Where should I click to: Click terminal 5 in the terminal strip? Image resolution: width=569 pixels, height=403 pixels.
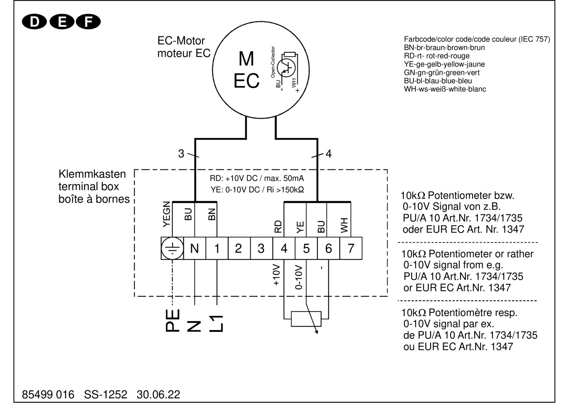click(306, 249)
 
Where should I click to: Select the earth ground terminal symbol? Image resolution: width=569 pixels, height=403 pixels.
click(172, 249)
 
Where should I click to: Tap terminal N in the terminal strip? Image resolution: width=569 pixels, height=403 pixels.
click(195, 249)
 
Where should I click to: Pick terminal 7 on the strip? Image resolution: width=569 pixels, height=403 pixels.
click(351, 249)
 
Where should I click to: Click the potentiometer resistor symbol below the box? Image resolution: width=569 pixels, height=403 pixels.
click(306, 319)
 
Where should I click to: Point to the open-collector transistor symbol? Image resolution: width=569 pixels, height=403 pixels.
click(286, 68)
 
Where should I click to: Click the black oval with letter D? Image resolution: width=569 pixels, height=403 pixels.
click(34, 22)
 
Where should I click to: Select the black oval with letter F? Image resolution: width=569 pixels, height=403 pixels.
click(88, 22)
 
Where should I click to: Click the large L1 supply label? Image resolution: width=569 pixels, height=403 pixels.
click(216, 323)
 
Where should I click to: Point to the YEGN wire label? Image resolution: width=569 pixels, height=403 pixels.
click(167, 214)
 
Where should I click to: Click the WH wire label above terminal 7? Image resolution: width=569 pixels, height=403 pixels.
click(344, 225)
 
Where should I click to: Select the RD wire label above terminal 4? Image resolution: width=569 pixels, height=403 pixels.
click(278, 227)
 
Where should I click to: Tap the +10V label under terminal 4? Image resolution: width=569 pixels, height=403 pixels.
click(276, 275)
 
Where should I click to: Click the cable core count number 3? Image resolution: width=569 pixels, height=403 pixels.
click(181, 154)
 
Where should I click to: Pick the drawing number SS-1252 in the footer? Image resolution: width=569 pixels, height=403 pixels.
click(105, 394)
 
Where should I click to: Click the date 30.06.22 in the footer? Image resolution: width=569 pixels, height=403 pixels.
click(158, 394)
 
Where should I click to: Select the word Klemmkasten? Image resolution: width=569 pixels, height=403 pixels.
click(92, 174)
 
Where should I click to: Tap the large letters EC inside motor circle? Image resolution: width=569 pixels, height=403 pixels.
click(246, 81)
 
